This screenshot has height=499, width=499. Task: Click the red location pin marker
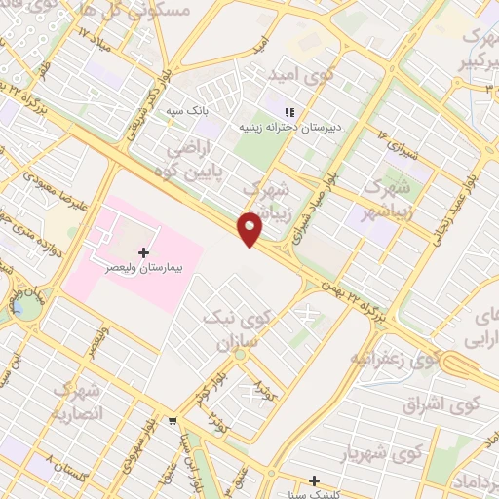(251, 229)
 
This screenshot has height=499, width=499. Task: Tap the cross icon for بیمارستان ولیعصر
(144, 251)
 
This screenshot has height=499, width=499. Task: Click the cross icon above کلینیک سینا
(314, 480)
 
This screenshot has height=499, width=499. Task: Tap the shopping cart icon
(173, 421)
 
